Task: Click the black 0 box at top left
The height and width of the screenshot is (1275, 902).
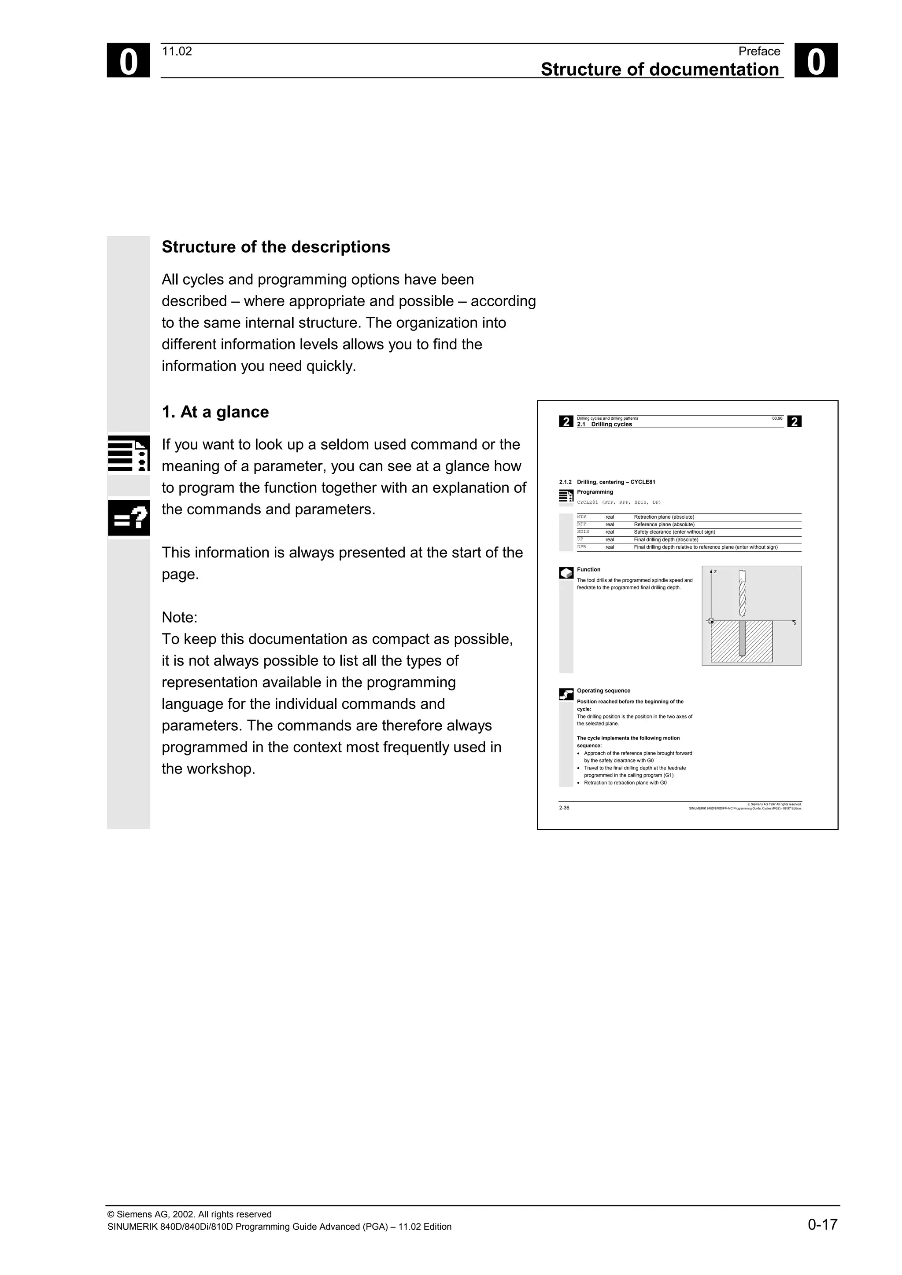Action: pyautogui.click(x=128, y=61)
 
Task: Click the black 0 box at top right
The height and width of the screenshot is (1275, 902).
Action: pyautogui.click(x=815, y=61)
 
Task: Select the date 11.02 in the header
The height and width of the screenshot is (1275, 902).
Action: pyautogui.click(x=177, y=51)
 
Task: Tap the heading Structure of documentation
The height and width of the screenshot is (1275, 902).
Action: pyautogui.click(x=659, y=70)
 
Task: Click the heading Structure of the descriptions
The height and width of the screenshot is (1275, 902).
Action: pyautogui.click(x=276, y=247)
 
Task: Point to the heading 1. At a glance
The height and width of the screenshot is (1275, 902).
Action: pyautogui.click(x=215, y=412)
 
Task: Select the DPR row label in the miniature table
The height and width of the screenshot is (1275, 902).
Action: pyautogui.click(x=582, y=547)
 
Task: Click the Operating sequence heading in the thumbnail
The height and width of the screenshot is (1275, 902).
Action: pyautogui.click(x=603, y=691)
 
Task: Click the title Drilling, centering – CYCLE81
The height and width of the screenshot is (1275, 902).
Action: pyautogui.click(x=616, y=482)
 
